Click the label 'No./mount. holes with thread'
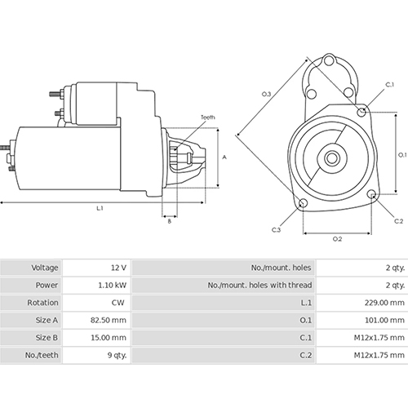259,285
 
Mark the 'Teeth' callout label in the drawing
209,118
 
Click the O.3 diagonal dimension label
266,95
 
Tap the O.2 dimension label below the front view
337,216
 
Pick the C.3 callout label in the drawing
277,207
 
